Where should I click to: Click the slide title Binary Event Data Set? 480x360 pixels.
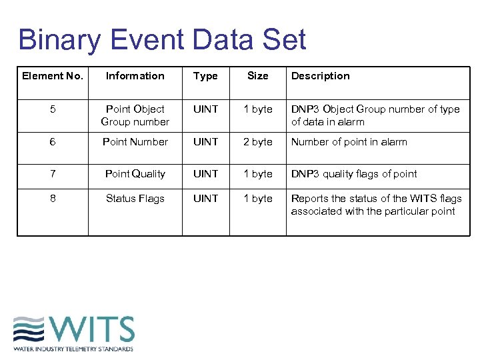point(162,39)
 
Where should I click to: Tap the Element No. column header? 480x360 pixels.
point(53,76)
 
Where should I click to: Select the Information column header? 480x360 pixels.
point(135,76)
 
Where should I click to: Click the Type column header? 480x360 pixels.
point(205,76)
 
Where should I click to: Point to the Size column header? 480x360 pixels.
point(258,76)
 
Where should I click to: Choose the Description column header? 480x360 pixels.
point(320,76)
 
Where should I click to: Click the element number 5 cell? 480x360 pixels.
point(53,109)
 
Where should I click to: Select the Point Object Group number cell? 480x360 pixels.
point(135,115)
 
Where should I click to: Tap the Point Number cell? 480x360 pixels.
point(135,142)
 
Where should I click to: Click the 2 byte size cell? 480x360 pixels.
point(258,142)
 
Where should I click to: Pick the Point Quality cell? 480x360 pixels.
point(135,174)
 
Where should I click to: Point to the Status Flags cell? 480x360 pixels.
point(135,199)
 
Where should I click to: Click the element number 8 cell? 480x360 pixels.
point(53,199)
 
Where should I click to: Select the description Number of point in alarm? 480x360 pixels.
point(349,142)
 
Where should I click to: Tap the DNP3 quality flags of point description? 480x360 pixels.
point(354,174)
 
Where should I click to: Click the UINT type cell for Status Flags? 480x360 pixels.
point(205,199)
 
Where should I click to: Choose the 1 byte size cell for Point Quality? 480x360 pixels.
point(258,174)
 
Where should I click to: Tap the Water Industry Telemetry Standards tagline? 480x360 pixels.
point(73,349)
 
